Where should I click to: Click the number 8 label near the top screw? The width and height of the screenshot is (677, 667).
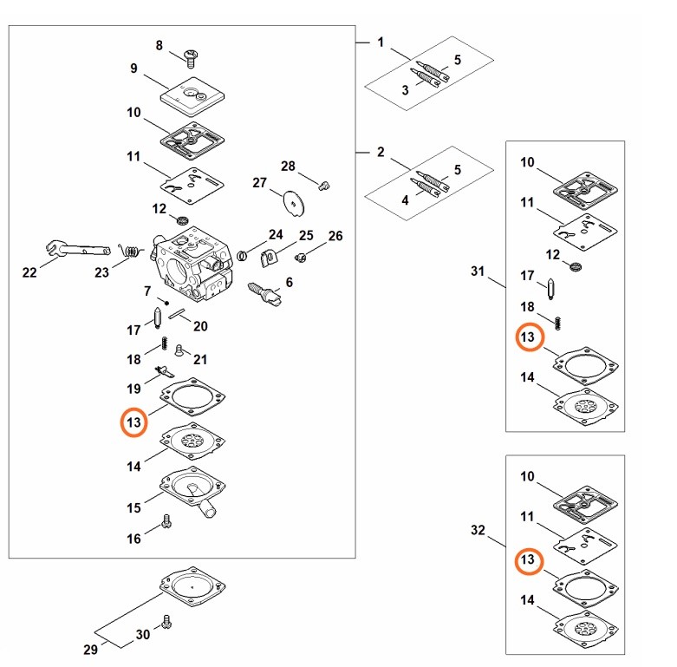tap(159, 45)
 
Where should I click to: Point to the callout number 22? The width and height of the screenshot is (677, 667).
tap(29, 272)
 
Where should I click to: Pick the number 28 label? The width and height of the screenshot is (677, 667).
tap(288, 166)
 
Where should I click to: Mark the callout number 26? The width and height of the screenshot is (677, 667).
tap(335, 236)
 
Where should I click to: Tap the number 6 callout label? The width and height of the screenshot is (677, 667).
tap(289, 282)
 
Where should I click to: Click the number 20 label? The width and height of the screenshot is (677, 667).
tap(200, 326)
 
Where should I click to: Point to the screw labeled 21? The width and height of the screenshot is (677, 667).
tap(179, 350)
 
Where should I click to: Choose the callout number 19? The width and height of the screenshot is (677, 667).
tap(133, 388)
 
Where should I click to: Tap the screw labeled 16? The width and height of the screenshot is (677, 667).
tap(166, 523)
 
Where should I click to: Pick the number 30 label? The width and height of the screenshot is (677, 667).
tap(143, 635)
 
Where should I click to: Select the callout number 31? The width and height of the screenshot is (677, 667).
tap(477, 271)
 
